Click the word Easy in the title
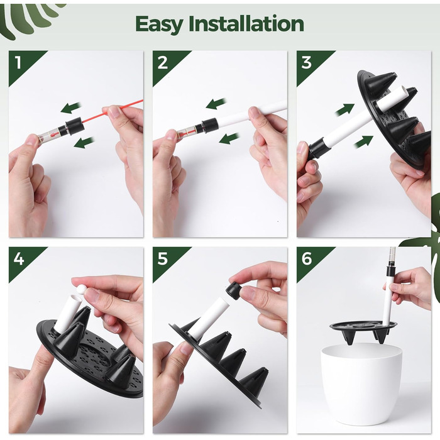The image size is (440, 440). tap(159, 25)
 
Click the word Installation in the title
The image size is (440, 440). tap(246, 24)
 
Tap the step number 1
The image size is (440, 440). tap(18, 63)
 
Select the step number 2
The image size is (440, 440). tap(163, 63)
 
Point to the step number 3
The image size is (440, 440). tap(307, 63)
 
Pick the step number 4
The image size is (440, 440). tap(19, 259)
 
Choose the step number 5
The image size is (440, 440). tap(163, 259)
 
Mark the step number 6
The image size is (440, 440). tap(307, 259)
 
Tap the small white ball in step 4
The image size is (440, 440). tap(82, 289)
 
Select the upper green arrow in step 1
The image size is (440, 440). tap(71, 107)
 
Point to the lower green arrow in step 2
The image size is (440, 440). tap(229, 138)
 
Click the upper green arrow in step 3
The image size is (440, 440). tap(345, 109)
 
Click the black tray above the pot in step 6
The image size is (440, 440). tap(364, 330)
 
